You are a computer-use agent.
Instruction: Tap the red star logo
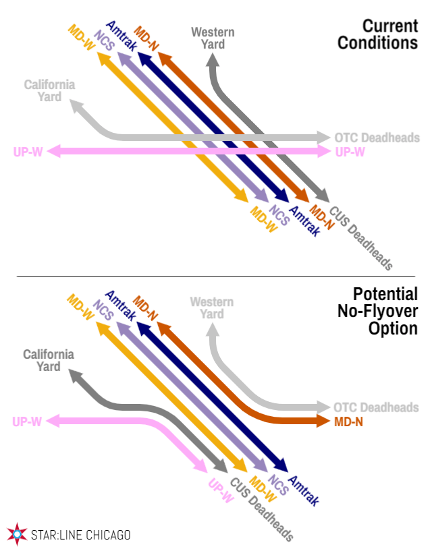coord(16,534)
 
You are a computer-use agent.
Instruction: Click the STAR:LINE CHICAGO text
coord(80,535)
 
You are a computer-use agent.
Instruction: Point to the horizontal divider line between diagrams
coord(216,276)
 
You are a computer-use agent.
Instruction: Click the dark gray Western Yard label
coord(213,38)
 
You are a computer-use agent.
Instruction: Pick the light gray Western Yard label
coord(212,308)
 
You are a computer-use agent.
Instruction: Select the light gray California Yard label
coord(49,90)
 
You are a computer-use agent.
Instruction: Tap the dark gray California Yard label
coord(49,360)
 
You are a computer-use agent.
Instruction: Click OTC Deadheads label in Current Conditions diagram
coord(377,138)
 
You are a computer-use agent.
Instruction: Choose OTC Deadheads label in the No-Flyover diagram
coord(376,407)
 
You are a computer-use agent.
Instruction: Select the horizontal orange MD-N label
coord(350,421)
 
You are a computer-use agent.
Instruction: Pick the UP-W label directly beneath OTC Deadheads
coord(350,152)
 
